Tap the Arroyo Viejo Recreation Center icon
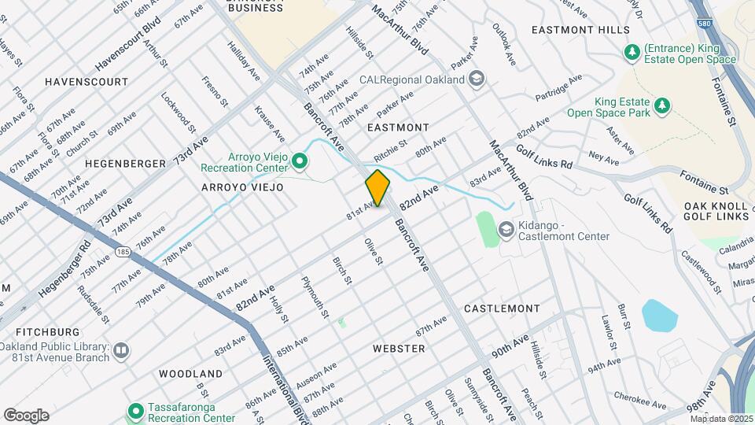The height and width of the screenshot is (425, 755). (299, 162)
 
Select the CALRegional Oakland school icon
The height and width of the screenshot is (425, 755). (477, 79)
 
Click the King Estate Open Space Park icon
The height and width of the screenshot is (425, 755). (663, 105)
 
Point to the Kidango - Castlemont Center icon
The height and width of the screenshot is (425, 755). (506, 230)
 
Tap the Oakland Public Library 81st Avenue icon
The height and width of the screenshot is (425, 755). (120, 349)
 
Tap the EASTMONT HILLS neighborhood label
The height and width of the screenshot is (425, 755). (580, 30)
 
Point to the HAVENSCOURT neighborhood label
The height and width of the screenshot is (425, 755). (87, 82)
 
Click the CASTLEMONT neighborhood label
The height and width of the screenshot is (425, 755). (499, 309)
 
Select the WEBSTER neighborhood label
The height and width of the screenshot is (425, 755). (399, 348)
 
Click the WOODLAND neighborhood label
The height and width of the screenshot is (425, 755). (190, 372)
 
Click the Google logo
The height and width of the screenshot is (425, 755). (26, 415)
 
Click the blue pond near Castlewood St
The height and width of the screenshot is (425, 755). (659, 315)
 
